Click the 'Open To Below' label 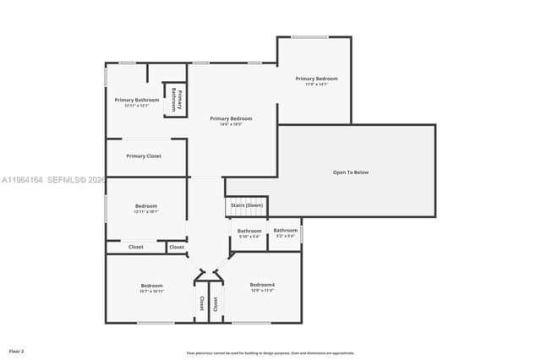coord(350,172)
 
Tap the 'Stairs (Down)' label coord(245,205)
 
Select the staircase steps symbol coord(245,215)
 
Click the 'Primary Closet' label coord(144,155)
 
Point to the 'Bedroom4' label coord(262,285)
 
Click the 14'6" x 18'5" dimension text coord(231,125)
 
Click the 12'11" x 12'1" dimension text coord(136,106)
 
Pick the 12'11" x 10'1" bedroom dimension coord(145,212)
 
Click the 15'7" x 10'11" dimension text coord(151,292)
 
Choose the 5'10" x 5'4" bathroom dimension coord(249,237)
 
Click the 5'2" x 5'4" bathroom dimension coord(285,236)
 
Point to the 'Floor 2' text coord(17,350)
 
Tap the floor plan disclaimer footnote coord(270,352)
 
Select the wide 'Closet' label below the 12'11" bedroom coord(135,247)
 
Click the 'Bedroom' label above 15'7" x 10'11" coord(151,286)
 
